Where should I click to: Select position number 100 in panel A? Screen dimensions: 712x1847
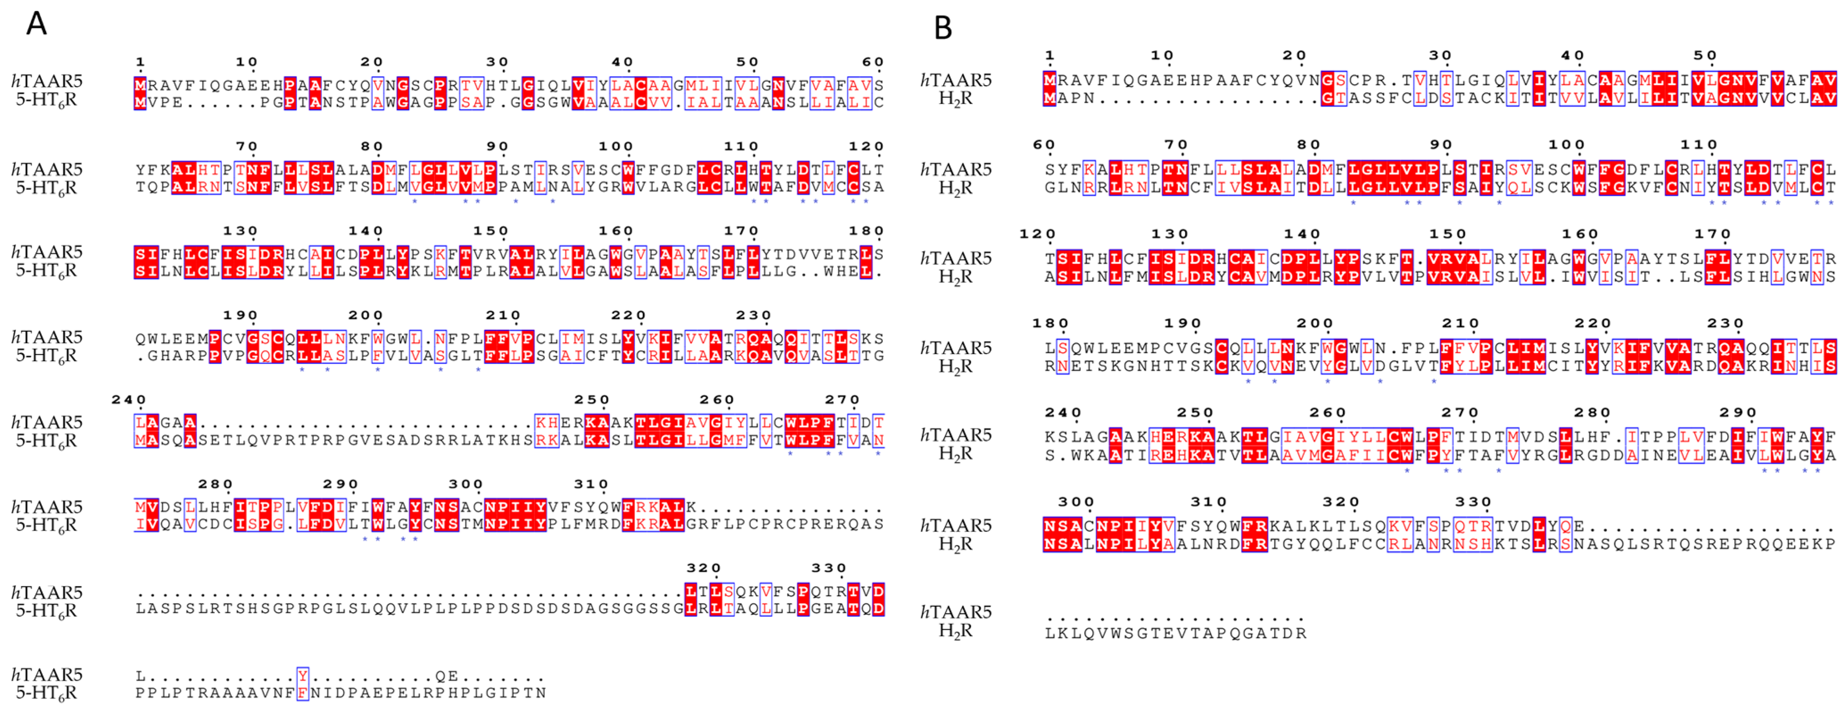[x=616, y=146]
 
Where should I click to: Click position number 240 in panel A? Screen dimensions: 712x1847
[x=129, y=399]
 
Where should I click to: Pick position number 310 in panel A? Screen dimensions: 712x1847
[x=592, y=484]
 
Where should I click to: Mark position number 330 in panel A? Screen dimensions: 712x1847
[x=829, y=568]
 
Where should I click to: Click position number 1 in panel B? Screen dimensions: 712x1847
[x=1050, y=55]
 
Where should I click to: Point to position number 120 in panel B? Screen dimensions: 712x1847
[x=1038, y=234]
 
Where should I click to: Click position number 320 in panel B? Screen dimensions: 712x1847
[x=1341, y=502]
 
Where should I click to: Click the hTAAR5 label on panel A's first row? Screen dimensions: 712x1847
[x=47, y=80]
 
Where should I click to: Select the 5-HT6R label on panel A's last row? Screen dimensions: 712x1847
[x=47, y=693]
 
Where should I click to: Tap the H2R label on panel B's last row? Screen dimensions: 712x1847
[x=956, y=631]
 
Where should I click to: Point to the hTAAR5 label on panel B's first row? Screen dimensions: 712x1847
[x=956, y=80]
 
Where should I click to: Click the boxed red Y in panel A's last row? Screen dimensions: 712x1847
[x=303, y=675]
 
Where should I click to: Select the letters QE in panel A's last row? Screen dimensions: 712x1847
[x=446, y=675]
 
